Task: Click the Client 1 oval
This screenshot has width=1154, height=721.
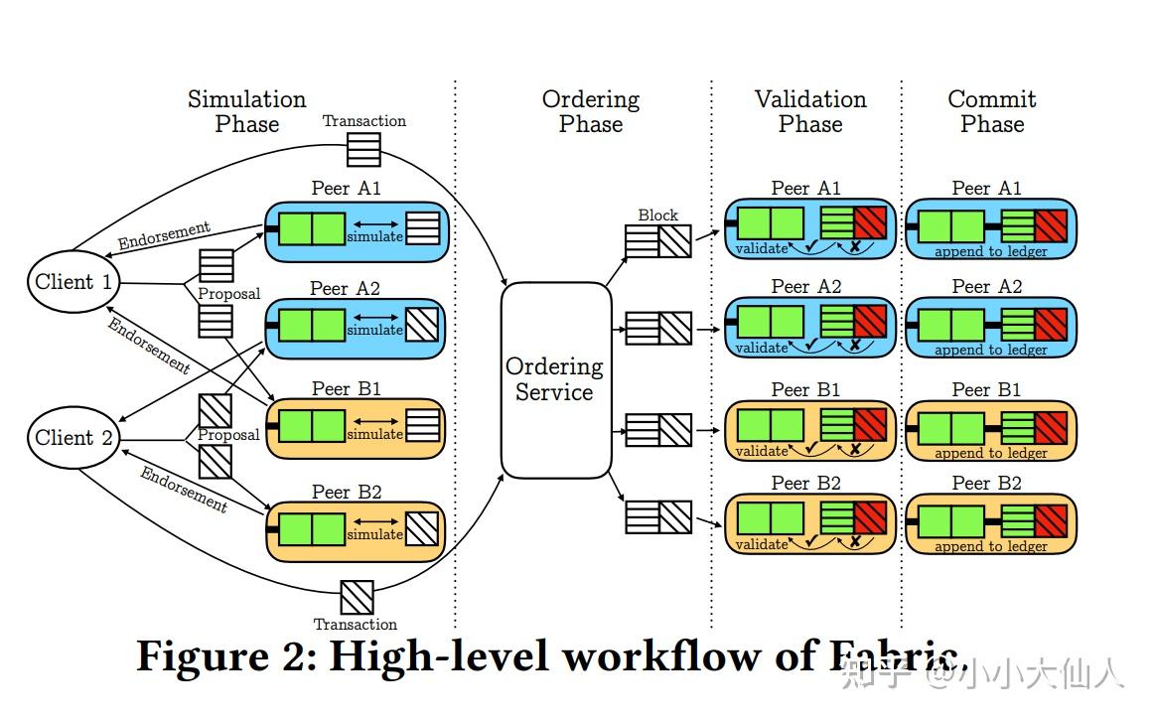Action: point(74,282)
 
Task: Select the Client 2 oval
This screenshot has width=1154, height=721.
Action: point(74,438)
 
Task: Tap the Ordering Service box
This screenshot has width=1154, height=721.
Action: point(554,379)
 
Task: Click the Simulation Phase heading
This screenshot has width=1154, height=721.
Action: point(247,111)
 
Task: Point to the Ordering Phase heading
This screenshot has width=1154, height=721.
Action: point(591,111)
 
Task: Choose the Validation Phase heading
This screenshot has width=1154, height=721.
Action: point(810,111)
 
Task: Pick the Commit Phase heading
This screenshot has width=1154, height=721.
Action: point(992,111)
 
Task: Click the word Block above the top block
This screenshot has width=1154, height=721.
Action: point(657,215)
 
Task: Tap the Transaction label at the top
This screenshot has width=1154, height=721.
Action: point(364,121)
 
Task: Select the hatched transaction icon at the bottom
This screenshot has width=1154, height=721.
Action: point(357,597)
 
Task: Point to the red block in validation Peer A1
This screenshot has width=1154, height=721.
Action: point(869,223)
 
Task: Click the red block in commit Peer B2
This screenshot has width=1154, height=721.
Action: point(1050,517)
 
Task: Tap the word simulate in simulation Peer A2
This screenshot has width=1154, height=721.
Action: point(374,331)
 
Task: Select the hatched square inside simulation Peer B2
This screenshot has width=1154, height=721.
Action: point(422,526)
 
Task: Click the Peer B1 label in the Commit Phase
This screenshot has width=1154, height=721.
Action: point(986,389)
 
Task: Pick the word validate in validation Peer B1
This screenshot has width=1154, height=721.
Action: point(762,452)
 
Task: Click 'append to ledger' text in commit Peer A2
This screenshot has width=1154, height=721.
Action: point(991,350)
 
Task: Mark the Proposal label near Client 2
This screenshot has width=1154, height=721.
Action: point(228,435)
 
